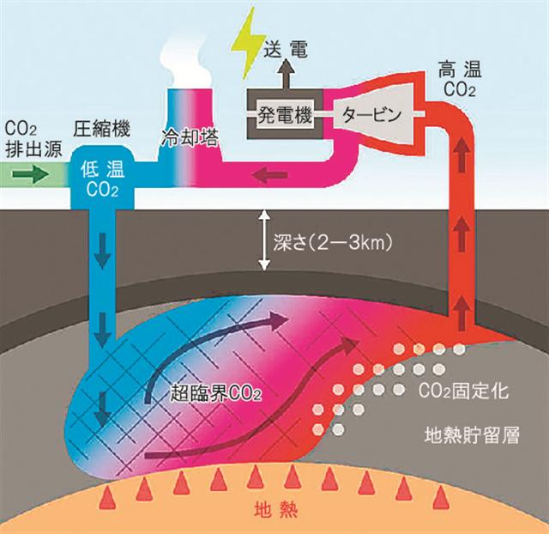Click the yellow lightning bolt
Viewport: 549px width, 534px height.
pyautogui.click(x=250, y=44)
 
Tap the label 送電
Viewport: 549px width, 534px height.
pyautogui.click(x=286, y=49)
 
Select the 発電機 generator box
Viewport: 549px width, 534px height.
pyautogui.click(x=285, y=114)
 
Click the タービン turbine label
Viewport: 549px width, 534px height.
pyautogui.click(x=371, y=114)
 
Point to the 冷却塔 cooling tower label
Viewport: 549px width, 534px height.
pyautogui.click(x=190, y=137)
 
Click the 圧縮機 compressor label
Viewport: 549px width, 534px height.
pyautogui.click(x=102, y=128)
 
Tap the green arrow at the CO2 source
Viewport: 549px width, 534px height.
pyautogui.click(x=31, y=174)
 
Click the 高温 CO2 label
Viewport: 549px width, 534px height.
pyautogui.click(x=460, y=78)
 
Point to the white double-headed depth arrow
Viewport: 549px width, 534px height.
pyautogui.click(x=265, y=240)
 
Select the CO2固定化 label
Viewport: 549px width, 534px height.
pyautogui.click(x=463, y=391)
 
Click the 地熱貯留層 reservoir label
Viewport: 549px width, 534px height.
pyautogui.click(x=472, y=434)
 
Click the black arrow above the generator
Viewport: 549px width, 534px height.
pyautogui.click(x=287, y=74)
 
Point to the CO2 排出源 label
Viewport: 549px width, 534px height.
pyautogui.click(x=33, y=139)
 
